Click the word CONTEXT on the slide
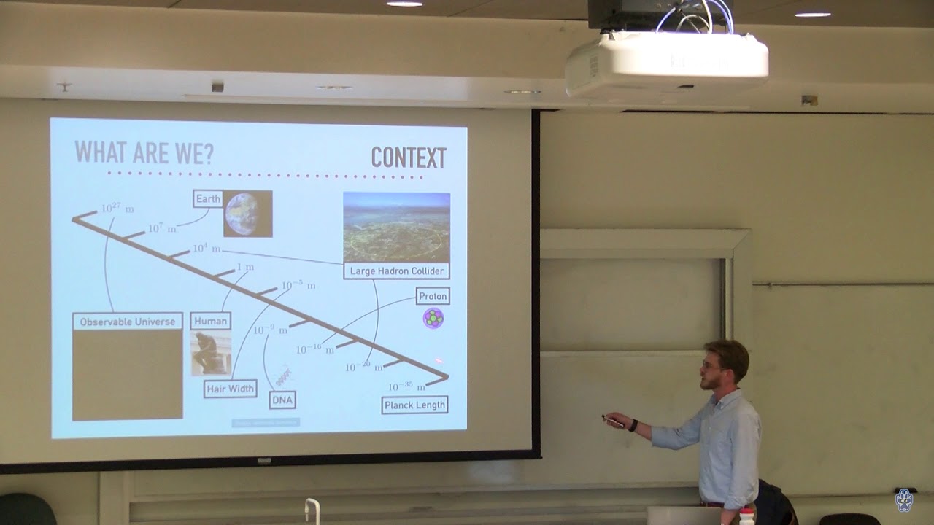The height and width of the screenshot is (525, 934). [408, 157]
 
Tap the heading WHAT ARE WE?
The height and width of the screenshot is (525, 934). [144, 152]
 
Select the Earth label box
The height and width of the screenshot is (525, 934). [208, 199]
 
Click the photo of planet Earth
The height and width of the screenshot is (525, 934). [247, 214]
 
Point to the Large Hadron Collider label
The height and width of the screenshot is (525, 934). [396, 271]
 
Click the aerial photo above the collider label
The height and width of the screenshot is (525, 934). [396, 227]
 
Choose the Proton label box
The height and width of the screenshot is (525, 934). [432, 296]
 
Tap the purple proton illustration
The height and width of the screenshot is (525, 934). [433, 318]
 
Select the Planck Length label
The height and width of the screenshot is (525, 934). [414, 405]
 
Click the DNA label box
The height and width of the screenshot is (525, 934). [282, 400]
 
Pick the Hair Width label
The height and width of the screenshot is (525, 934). [230, 389]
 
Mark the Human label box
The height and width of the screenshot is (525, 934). [210, 321]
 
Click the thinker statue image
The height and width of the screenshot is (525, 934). [211, 354]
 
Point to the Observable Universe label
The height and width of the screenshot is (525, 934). [128, 322]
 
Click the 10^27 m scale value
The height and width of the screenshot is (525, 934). [117, 209]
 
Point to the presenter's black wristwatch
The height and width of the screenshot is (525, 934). [633, 425]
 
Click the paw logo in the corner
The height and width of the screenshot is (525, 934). [904, 499]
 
